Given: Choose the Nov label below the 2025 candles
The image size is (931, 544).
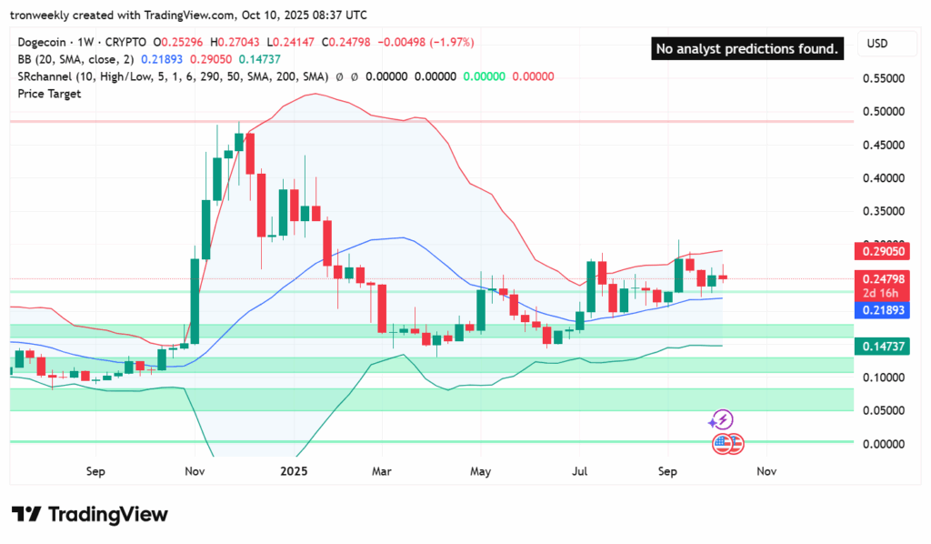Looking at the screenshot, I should pyautogui.click(x=766, y=472).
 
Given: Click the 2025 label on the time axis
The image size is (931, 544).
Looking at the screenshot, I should pyautogui.click(x=295, y=472).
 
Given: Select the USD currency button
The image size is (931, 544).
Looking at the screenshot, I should pyautogui.click(x=877, y=44).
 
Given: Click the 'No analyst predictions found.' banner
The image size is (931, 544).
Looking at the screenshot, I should pyautogui.click(x=747, y=48).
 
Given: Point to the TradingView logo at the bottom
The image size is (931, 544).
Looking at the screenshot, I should pyautogui.click(x=89, y=514).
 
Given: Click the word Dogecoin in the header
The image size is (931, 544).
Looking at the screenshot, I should pyautogui.click(x=44, y=42).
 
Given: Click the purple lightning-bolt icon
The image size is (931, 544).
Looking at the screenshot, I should pyautogui.click(x=721, y=419).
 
